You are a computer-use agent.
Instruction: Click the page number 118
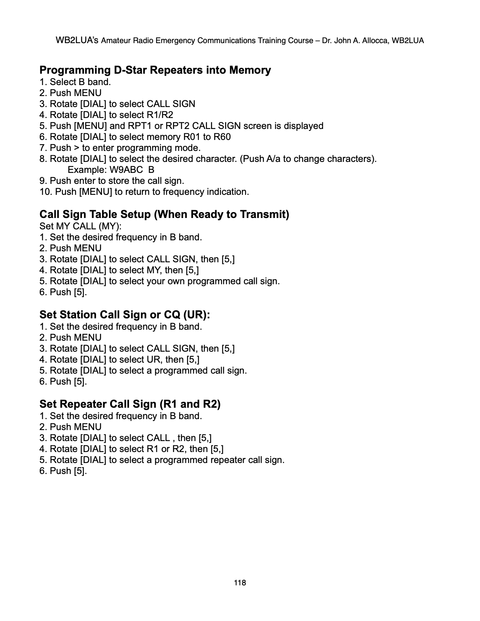[x=240, y=583]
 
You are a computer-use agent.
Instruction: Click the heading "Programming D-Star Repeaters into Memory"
[x=155, y=70]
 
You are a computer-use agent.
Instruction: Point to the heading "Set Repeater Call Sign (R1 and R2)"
[x=130, y=404]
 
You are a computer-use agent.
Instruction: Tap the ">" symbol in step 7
[x=76, y=148]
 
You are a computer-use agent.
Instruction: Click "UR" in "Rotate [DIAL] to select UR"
[x=153, y=360]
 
